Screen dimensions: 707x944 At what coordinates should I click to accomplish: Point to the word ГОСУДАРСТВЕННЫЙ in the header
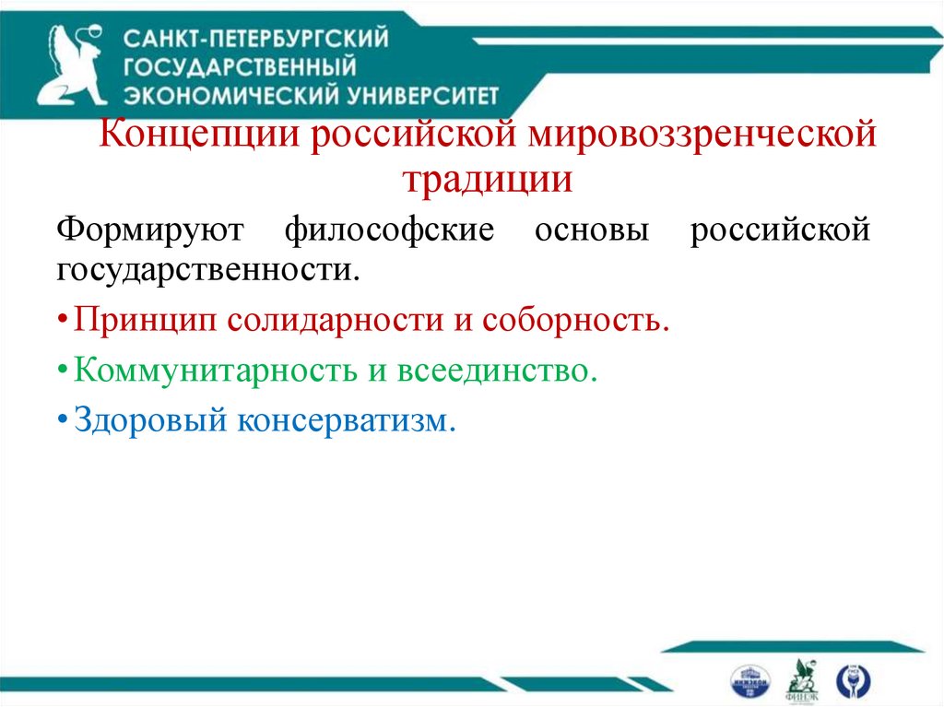coord(240,66)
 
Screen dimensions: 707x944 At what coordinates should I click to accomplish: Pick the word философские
coord(390,228)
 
